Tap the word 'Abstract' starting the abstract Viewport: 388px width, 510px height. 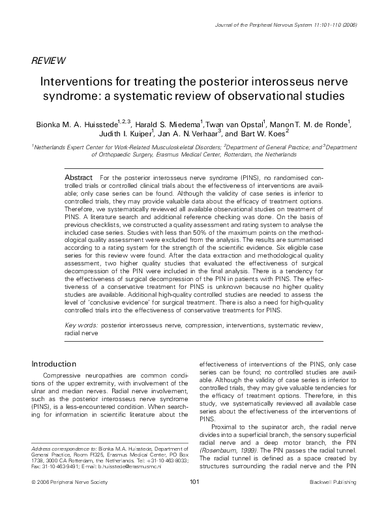click(x=80, y=177)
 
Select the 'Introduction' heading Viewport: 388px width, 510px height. click(x=58, y=364)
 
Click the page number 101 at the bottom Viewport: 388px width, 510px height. click(x=194, y=499)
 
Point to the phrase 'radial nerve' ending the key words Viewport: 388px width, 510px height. click(x=81, y=332)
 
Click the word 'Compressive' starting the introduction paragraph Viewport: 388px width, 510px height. click(x=64, y=375)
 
